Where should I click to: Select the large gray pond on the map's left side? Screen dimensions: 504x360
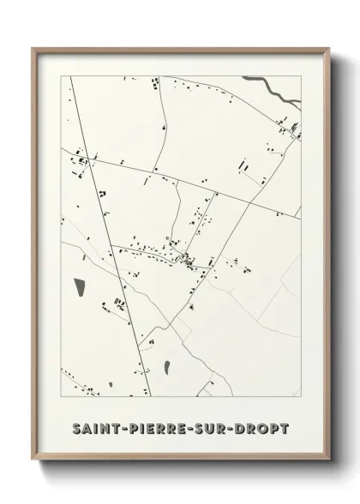point(81,285)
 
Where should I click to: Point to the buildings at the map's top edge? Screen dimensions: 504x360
point(156,83)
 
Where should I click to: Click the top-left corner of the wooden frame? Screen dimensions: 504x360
point(33,48)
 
